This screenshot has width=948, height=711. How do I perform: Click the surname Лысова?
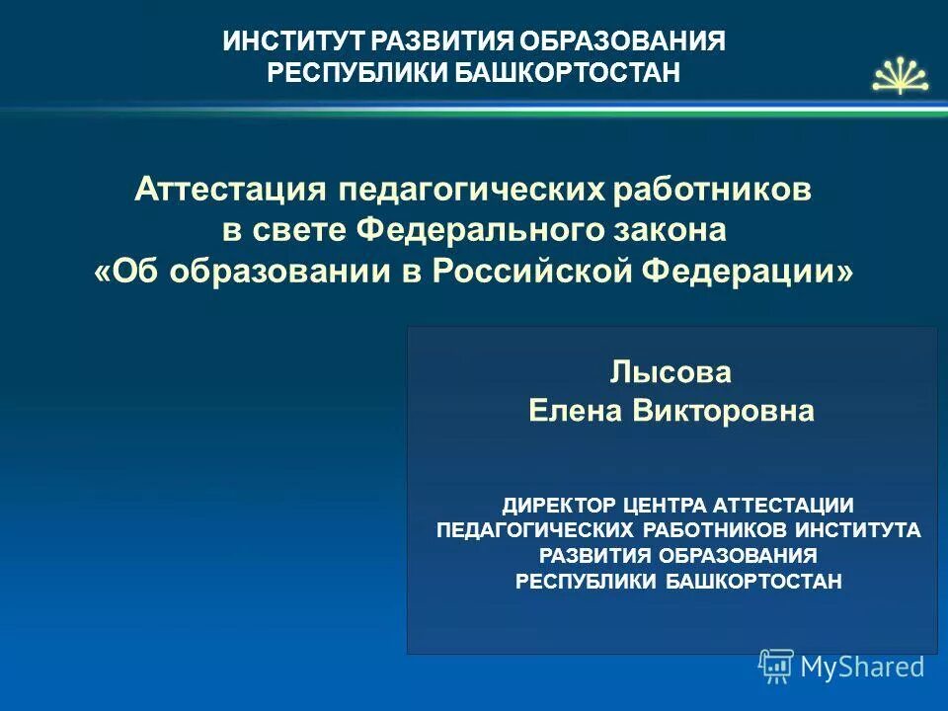[671, 373]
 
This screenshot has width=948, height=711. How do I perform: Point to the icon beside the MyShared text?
[776, 667]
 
